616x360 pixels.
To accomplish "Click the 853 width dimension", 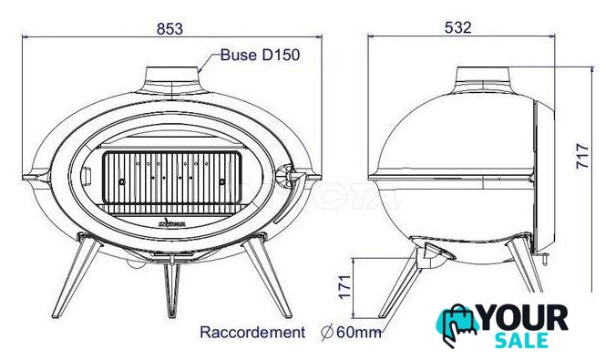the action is pyautogui.click(x=169, y=28).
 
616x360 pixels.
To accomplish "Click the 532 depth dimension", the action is pyautogui.click(x=457, y=27).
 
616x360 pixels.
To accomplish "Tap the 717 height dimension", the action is pyautogui.click(x=582, y=156).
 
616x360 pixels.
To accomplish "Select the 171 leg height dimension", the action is pyautogui.click(x=344, y=287).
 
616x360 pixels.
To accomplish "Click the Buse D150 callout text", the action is pyautogui.click(x=260, y=55).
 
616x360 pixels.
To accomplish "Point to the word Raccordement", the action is pyautogui.click(x=252, y=333).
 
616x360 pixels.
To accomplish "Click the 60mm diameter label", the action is pyautogui.click(x=351, y=333).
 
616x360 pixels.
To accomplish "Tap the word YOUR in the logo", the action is pyautogui.click(x=524, y=318).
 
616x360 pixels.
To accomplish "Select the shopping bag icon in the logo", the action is pyautogui.click(x=457, y=324).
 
